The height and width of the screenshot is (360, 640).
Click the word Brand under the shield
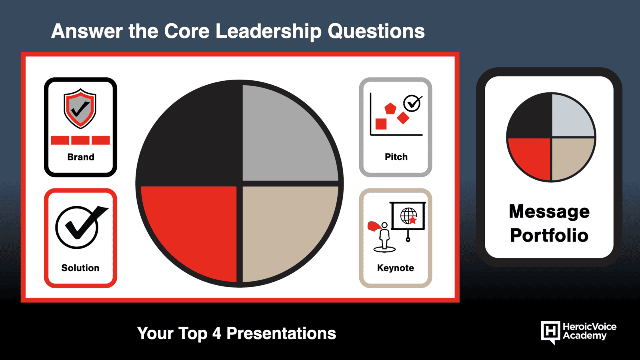[x=80, y=157]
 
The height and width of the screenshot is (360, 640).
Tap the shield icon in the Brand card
[x=80, y=108]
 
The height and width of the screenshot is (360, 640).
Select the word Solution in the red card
[x=80, y=268]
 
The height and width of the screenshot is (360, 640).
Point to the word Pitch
[x=396, y=157]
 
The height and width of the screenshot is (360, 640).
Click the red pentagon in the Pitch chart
[x=390, y=108]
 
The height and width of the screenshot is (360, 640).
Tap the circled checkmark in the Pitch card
[x=412, y=103]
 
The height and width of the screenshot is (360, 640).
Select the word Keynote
[x=396, y=268]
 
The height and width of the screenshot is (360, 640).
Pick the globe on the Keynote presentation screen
[x=408, y=216]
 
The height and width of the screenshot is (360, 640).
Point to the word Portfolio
[x=549, y=235]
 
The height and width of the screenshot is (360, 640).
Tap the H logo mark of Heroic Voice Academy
[x=550, y=332]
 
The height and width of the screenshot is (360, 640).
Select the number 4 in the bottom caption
[x=216, y=334]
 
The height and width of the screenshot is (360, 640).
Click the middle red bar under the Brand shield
[x=80, y=140]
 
